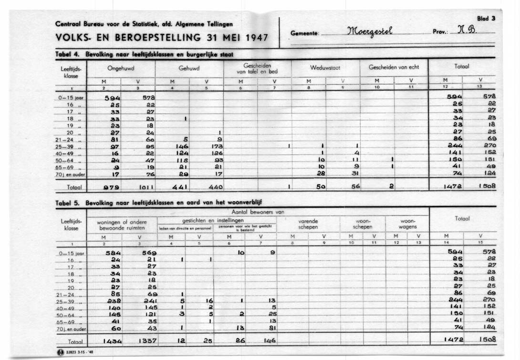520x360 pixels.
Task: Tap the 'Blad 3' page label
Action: point(486,18)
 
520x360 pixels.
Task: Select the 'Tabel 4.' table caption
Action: point(67,54)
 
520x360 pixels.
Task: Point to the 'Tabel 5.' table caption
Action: point(67,202)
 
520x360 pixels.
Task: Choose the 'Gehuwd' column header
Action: point(189,68)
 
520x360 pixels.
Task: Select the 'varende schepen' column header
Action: point(308,224)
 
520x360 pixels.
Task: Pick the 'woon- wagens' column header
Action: point(408,224)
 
